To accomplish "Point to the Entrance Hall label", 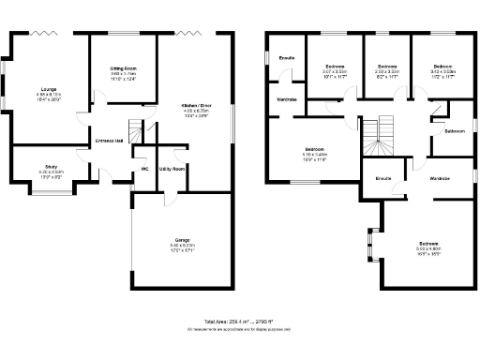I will click(x=110, y=141).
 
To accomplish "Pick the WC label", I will click(x=145, y=169).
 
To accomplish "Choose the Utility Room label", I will click(x=173, y=169).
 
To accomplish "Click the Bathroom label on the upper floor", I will click(x=455, y=131).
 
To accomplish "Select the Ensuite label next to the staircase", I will click(x=382, y=177).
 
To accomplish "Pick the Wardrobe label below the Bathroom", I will click(x=441, y=177).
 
